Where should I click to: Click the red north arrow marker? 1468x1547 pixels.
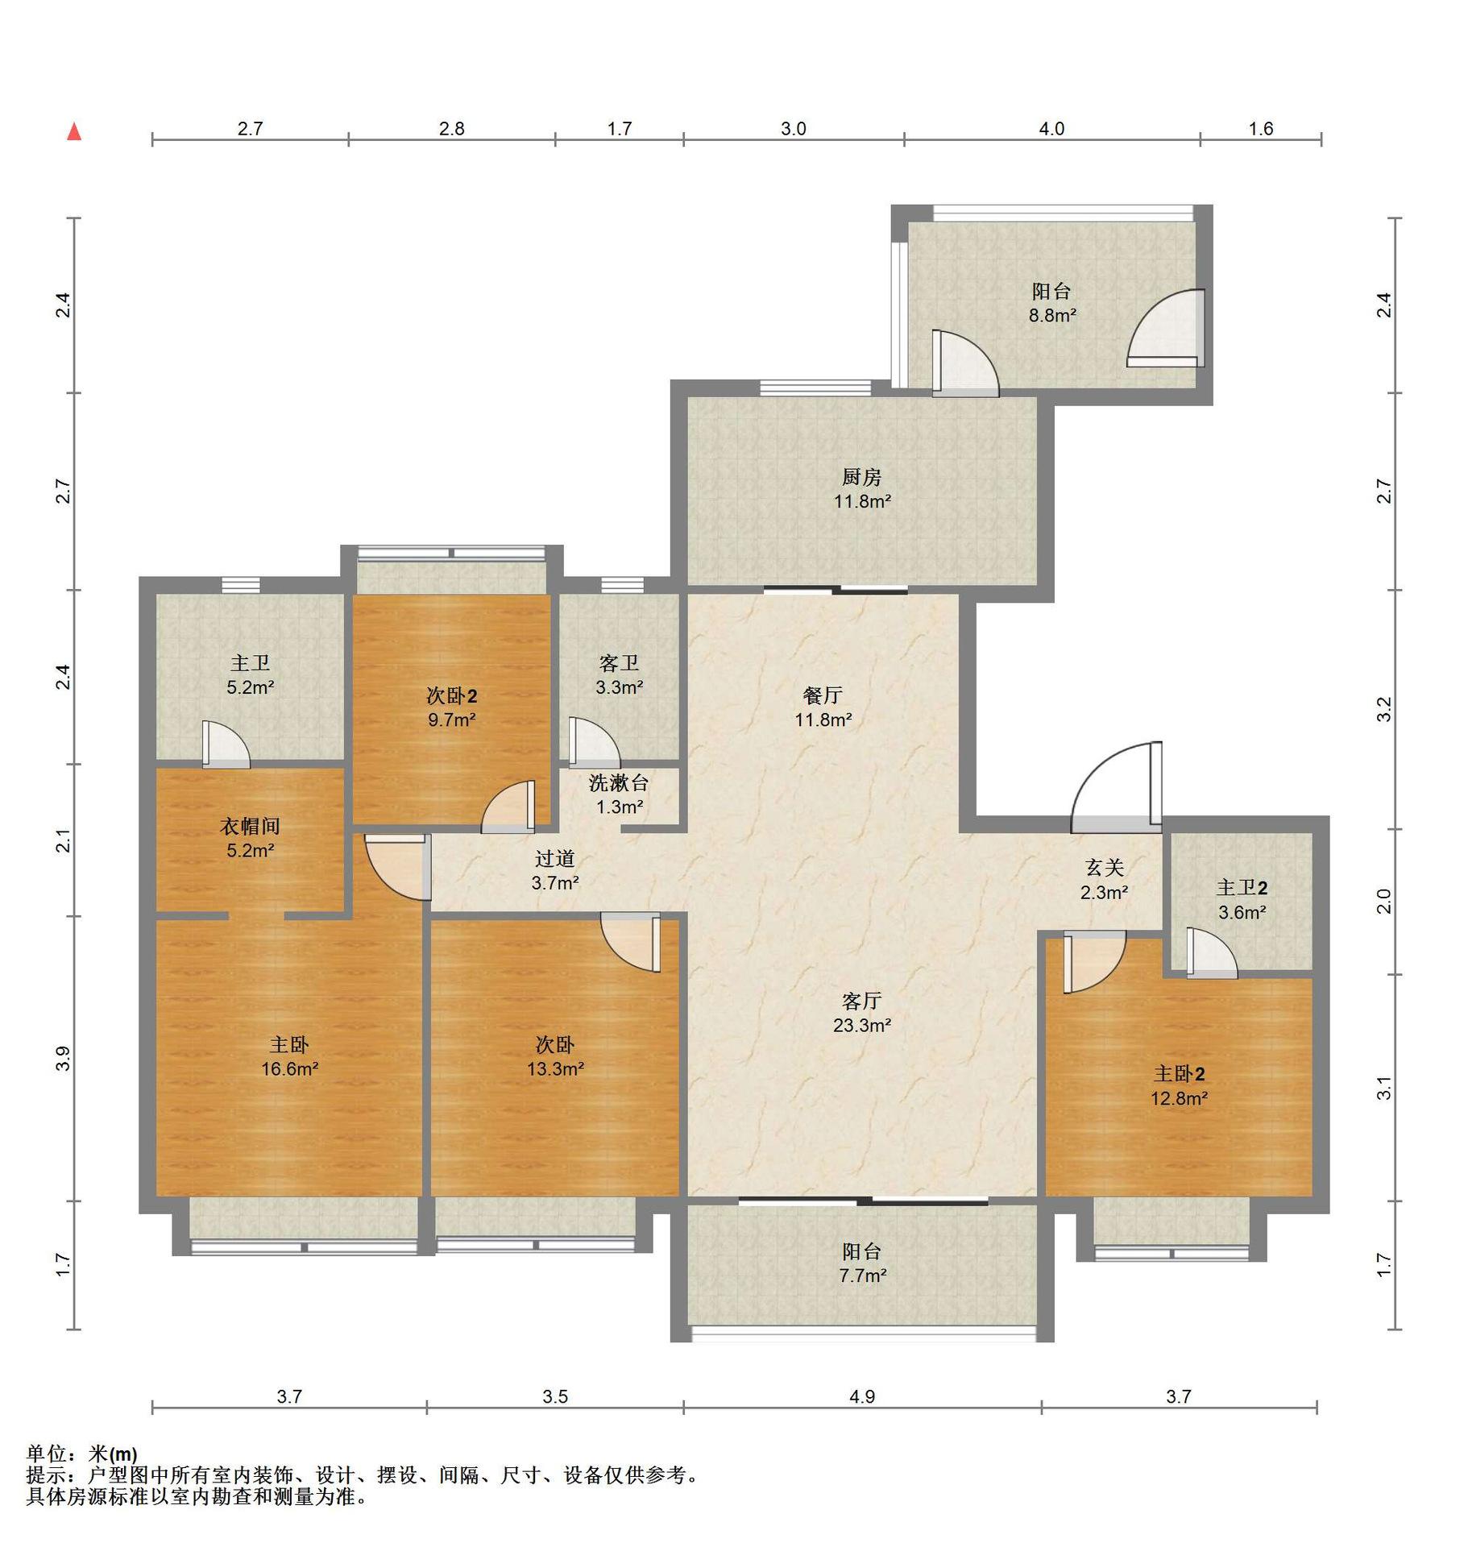coord(74,131)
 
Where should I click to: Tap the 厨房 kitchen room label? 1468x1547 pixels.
coord(861,477)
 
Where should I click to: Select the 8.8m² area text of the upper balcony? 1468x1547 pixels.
coord(1052,315)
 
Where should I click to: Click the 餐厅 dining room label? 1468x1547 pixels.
coord(823,695)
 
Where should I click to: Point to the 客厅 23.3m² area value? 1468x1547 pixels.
coord(862,1025)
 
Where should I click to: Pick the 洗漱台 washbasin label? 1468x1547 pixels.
coord(618,782)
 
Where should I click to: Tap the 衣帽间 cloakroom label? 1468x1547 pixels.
coord(250,826)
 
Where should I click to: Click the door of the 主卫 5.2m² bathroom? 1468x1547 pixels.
coord(226,743)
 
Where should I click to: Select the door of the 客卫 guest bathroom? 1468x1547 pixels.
coord(594,741)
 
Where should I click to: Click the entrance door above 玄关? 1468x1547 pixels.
coord(1117,786)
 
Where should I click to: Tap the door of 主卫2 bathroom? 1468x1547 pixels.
coord(1211,953)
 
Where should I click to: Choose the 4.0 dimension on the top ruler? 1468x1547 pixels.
coord(1051,129)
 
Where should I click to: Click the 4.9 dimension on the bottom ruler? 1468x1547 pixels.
coord(862,1396)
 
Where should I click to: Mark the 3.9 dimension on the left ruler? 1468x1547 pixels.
coord(64,1058)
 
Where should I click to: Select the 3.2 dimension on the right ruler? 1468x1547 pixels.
coord(1383,709)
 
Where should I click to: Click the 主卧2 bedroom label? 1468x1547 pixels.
coord(1179,1074)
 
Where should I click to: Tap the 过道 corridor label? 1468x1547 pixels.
coord(554,859)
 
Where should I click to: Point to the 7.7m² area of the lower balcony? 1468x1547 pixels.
coord(862,1275)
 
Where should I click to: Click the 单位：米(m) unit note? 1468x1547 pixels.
coord(81,1454)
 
